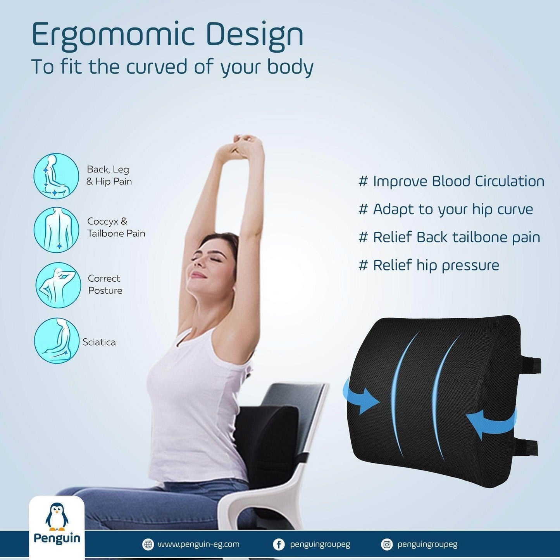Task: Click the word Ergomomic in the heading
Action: (113, 35)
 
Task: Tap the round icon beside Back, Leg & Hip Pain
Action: (56, 176)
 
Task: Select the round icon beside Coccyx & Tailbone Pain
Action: (56, 229)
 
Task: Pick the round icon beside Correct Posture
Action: (58, 285)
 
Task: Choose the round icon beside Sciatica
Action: (57, 341)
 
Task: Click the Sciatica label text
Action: (99, 342)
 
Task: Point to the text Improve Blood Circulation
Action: (458, 182)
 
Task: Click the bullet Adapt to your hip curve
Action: (446, 210)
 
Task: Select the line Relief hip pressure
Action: (429, 265)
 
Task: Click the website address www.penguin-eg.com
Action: (198, 544)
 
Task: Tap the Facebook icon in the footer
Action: (278, 544)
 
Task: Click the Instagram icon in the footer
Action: (387, 544)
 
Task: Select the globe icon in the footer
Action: (148, 544)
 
